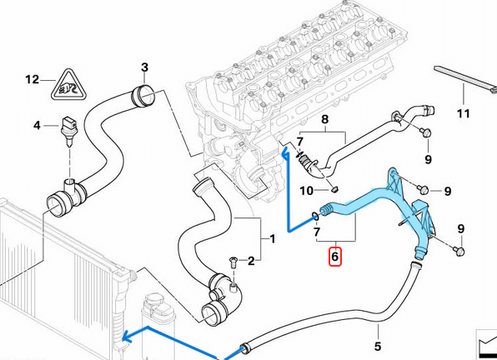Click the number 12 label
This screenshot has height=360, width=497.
click(x=32, y=80)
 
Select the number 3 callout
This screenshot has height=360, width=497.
click(x=143, y=67)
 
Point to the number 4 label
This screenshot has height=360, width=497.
click(x=37, y=126)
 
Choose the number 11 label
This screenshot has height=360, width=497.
click(x=463, y=113)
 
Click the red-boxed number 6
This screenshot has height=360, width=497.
click(x=334, y=257)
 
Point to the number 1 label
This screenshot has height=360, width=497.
click(x=270, y=239)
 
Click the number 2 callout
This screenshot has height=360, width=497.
click(x=250, y=262)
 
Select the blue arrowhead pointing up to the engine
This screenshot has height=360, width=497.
click(x=285, y=152)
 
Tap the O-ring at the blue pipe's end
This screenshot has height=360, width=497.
click(x=313, y=215)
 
